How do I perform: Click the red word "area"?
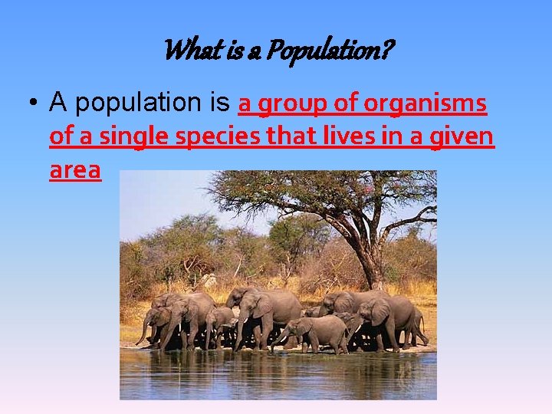tap(75, 170)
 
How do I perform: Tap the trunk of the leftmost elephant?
tap(143, 330)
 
